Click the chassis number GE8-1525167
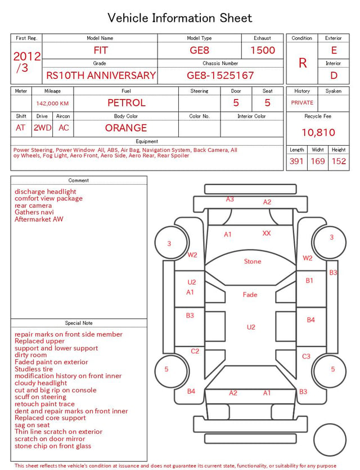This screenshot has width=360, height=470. [220, 75]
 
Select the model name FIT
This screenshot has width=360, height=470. [100, 50]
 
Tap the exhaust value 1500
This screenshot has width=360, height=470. [263, 50]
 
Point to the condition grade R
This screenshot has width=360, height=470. [303, 63]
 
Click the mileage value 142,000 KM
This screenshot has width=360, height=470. [52, 104]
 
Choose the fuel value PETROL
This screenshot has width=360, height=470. [127, 103]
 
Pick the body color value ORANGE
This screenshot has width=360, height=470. [126, 128]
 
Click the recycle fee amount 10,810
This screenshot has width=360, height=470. [318, 132]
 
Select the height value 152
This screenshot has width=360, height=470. [339, 161]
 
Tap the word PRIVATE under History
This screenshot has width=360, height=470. [302, 102]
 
